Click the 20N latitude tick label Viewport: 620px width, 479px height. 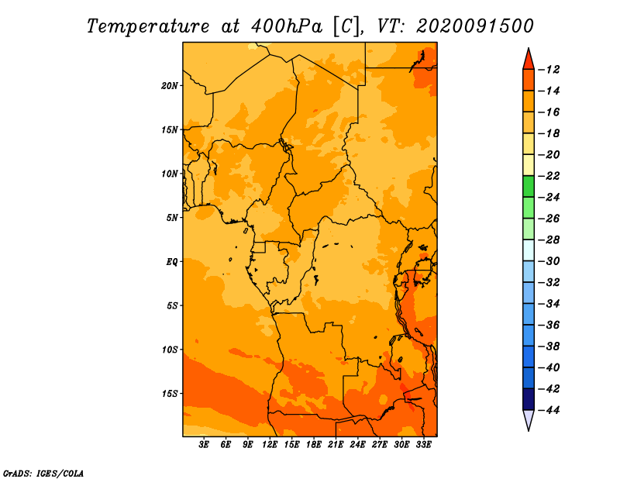170,86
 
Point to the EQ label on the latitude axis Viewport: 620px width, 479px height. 171,262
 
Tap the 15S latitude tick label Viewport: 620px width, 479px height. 170,394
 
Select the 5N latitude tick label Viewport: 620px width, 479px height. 172,218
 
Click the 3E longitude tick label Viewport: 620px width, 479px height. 204,445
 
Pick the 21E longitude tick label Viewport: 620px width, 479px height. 336,445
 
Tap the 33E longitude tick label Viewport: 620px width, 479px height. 423,445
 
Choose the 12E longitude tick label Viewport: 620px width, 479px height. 270,445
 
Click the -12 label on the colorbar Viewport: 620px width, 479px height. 549,70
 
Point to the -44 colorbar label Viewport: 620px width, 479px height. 549,410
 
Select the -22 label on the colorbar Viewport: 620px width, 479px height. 549,176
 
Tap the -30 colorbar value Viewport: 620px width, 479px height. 549,261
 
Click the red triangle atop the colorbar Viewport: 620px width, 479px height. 529,60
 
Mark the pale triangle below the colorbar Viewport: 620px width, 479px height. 529,419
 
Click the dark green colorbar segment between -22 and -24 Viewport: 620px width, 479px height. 529,187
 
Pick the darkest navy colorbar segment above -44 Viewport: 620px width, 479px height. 529,399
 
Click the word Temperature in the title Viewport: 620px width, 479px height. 148,26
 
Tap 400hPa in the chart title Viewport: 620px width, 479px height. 287,26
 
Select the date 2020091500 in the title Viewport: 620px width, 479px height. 475,26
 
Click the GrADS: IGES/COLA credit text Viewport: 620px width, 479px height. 43,474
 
